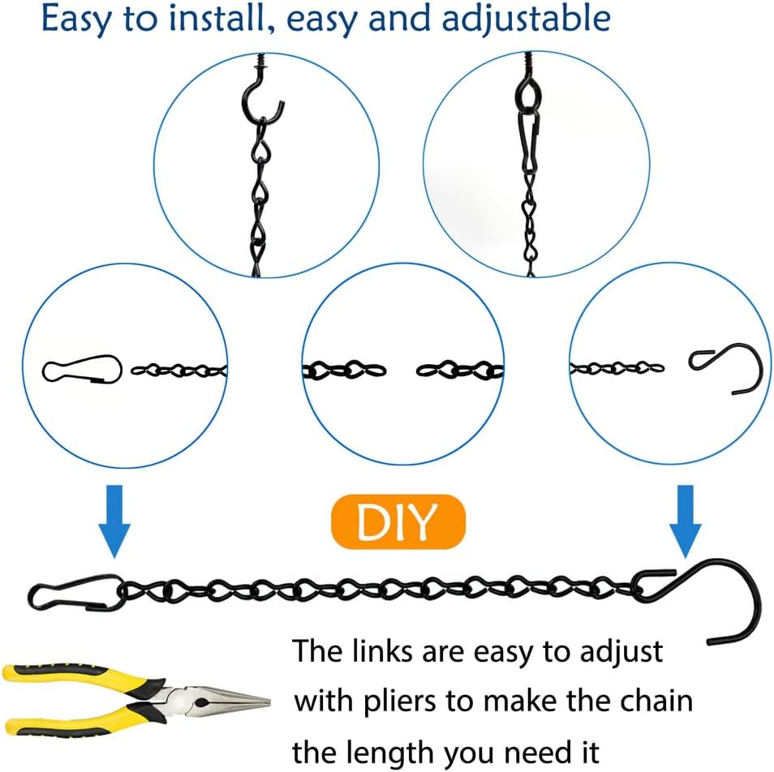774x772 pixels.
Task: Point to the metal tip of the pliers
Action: coord(243,700)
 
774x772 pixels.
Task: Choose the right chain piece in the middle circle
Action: coord(459,371)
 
